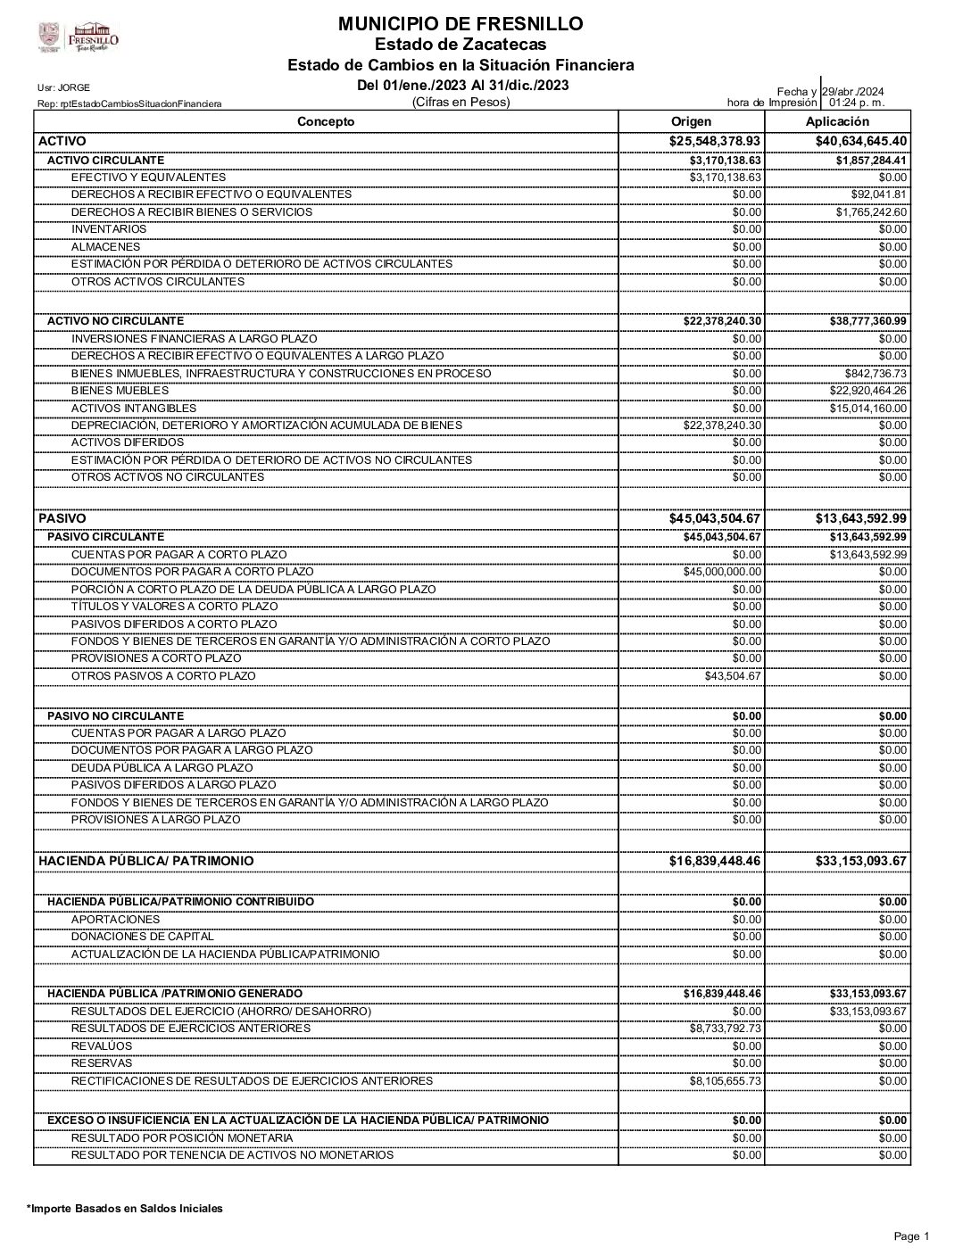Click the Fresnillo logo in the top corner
click(x=79, y=38)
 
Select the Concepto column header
click(x=326, y=121)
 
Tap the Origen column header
click(x=691, y=121)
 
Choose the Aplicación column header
click(x=836, y=121)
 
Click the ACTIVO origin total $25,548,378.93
click(x=715, y=142)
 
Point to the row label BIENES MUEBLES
click(x=120, y=391)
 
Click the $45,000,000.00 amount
click(x=722, y=572)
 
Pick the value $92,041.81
click(x=878, y=194)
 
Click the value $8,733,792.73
click(x=725, y=1029)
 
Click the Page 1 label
click(x=912, y=1236)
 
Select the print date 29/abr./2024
click(x=853, y=92)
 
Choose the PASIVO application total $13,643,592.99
click(x=860, y=518)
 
